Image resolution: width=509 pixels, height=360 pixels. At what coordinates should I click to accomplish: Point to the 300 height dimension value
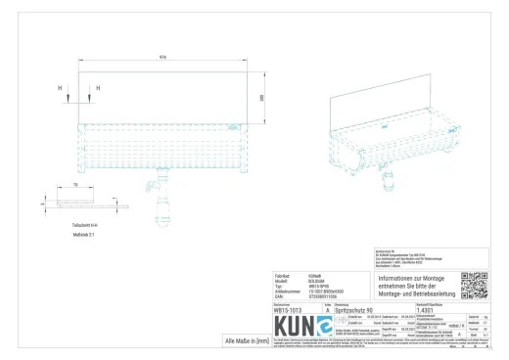pos(262,98)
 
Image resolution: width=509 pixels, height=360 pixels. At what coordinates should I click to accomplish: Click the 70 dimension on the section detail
pos(75,184)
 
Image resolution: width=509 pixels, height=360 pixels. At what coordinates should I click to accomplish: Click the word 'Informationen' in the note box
pos(398,279)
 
